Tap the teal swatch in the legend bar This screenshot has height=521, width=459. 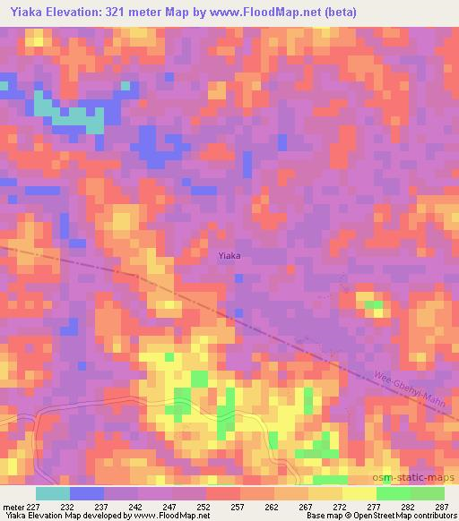click(x=52, y=493)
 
